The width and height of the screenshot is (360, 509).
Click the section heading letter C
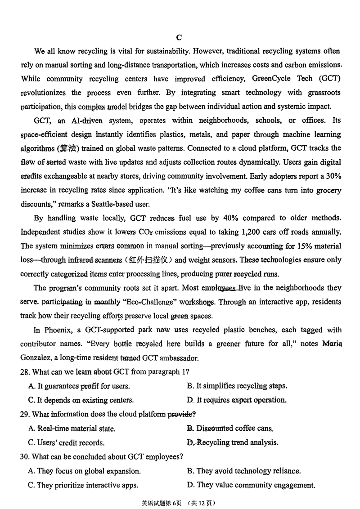[x=179, y=37]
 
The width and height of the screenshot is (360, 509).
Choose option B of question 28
[x=237, y=386]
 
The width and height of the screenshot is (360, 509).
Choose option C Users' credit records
[x=67, y=442]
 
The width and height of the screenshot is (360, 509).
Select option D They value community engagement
[x=251, y=485]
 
